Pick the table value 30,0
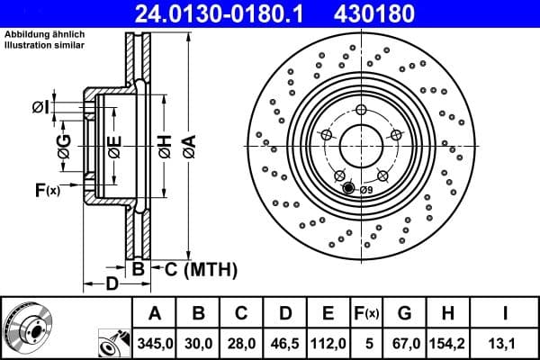(x=199, y=343)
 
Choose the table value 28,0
(x=241, y=343)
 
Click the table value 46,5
(x=284, y=343)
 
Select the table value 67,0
(x=404, y=343)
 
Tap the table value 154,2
(x=447, y=343)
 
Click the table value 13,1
(x=505, y=343)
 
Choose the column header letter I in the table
(x=505, y=313)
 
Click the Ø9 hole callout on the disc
(x=365, y=190)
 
